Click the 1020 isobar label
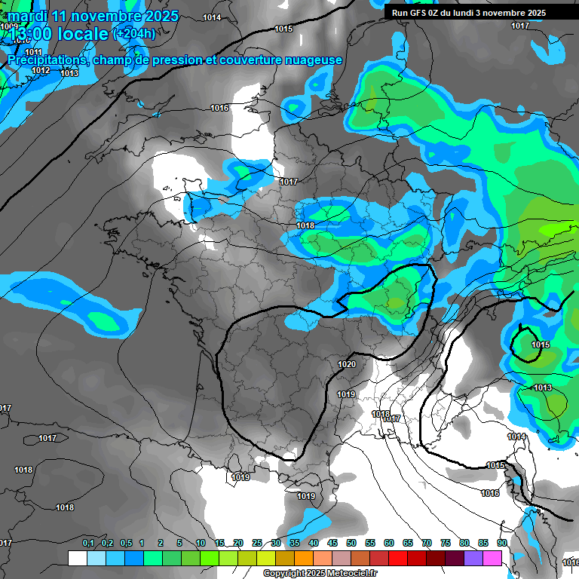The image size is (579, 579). click(x=347, y=364)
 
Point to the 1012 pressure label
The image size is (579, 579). click(x=41, y=70)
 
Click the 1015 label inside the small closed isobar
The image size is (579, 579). click(x=540, y=345)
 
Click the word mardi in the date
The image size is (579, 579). click(x=27, y=16)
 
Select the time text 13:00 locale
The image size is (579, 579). click(x=57, y=34)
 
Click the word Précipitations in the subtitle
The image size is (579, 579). click(x=47, y=60)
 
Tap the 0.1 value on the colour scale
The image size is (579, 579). click(x=88, y=543)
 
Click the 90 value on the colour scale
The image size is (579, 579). click(x=501, y=543)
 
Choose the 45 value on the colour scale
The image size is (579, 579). click(x=332, y=543)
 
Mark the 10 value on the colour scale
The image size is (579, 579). click(x=201, y=543)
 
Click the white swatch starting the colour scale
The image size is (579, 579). click(x=77, y=558)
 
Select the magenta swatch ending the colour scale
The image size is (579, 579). click(x=492, y=558)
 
